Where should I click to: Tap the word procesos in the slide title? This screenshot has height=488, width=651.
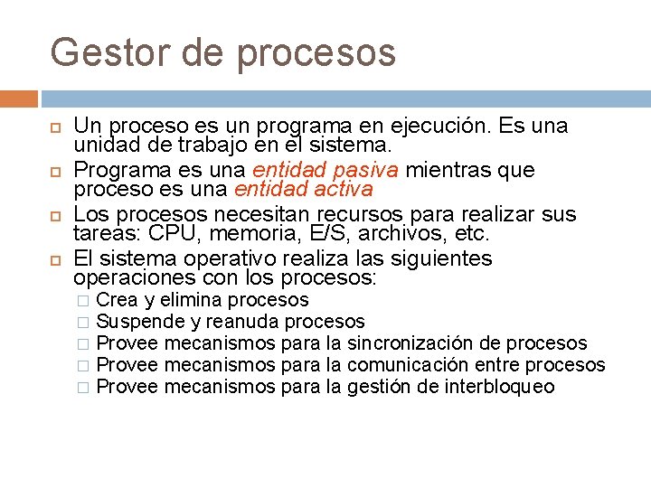[316, 54]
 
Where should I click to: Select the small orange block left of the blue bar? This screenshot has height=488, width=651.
[19, 99]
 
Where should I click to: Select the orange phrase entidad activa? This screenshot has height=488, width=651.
[303, 189]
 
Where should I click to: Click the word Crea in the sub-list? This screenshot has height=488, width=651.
[117, 300]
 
